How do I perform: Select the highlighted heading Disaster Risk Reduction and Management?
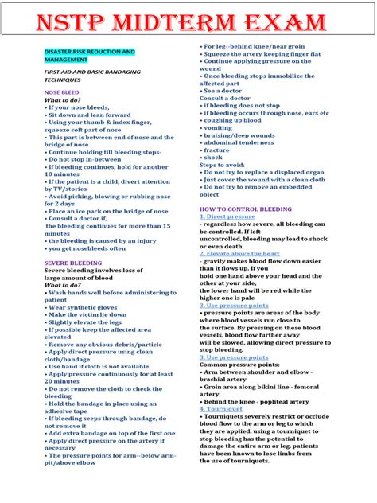point(89,55)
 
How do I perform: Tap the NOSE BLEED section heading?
point(61,92)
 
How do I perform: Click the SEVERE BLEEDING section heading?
point(72,261)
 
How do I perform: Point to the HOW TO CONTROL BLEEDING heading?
point(245,209)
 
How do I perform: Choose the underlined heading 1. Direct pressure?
point(227,216)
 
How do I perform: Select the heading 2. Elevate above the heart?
point(239,253)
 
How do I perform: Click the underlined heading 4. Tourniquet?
point(221,408)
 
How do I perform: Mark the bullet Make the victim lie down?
point(87,314)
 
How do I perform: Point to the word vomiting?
point(218,127)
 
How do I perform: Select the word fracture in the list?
point(216,150)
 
